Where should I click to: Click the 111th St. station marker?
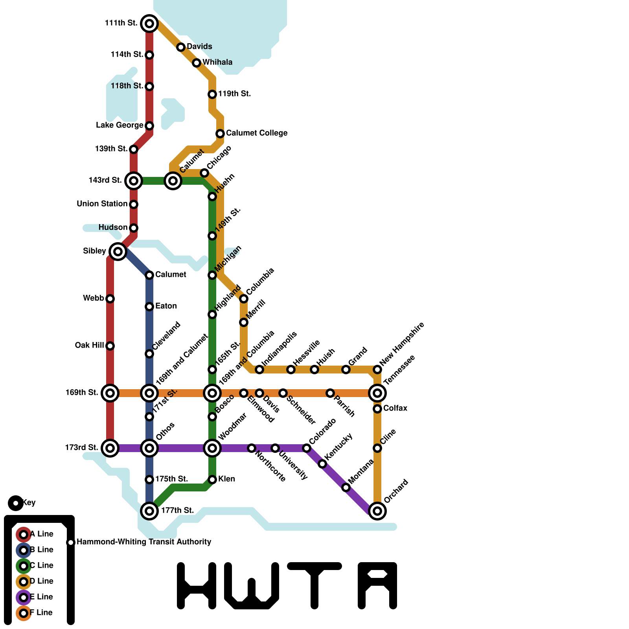pyautogui.click(x=149, y=24)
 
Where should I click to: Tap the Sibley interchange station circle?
pyautogui.click(x=118, y=251)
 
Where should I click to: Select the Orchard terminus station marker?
pyautogui.click(x=377, y=511)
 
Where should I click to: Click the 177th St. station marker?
pyautogui.click(x=149, y=511)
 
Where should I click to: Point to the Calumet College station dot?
pyautogui.click(x=220, y=134)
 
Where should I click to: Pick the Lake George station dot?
pyautogui.click(x=149, y=126)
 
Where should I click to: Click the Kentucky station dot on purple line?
pyautogui.click(x=322, y=464)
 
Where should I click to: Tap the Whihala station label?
pyautogui.click(x=217, y=63)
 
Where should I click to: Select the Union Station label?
pyautogui.click(x=102, y=204)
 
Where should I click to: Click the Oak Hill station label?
pyautogui.click(x=89, y=346)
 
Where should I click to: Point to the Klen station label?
pyautogui.click(x=227, y=479)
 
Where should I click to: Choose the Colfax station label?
pyautogui.click(x=395, y=408)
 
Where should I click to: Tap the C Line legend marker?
pyautogui.click(x=24, y=566)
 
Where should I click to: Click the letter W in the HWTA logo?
pyautogui.click(x=252, y=586)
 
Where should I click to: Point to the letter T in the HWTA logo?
pyautogui.click(x=314, y=586)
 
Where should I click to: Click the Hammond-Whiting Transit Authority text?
pyautogui.click(x=144, y=542)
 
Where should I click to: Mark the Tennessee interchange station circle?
pyautogui.click(x=377, y=393)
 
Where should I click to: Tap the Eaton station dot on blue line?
pyautogui.click(x=149, y=307)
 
